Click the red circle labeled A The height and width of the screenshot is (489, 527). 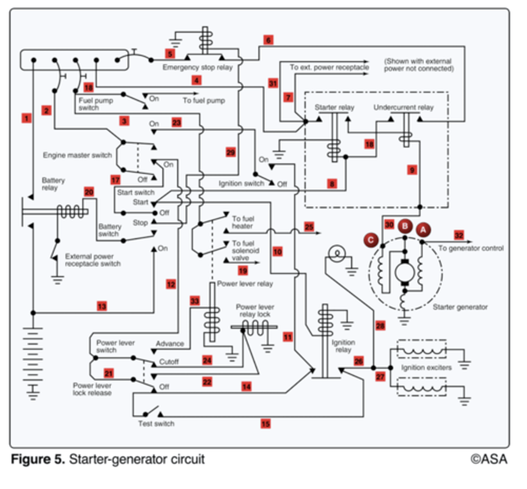[x=423, y=230]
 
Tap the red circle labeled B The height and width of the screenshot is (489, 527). [x=405, y=226]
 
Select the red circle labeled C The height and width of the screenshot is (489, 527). [x=371, y=240]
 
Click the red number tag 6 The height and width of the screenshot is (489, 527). [x=268, y=40]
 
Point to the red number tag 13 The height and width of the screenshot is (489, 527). [x=102, y=306]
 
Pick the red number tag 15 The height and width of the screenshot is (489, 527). [x=265, y=424]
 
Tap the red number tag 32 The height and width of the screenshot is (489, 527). [x=459, y=235]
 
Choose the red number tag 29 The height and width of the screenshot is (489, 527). [x=231, y=152]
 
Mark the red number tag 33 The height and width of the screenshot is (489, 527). [x=195, y=301]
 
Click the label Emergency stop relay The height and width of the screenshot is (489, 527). [x=197, y=67]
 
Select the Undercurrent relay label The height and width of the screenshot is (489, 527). [x=403, y=108]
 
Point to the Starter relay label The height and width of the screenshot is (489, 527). [x=334, y=108]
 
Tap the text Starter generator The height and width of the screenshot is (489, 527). [x=460, y=307]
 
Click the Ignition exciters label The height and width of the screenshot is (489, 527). [x=426, y=368]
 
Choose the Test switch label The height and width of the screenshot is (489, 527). [x=156, y=424]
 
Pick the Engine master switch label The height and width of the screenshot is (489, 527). [x=77, y=155]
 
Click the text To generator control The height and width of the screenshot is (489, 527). [x=471, y=248]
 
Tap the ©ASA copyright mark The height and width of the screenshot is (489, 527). [x=489, y=459]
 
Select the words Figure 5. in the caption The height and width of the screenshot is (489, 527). [x=37, y=459]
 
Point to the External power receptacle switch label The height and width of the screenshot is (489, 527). [x=93, y=260]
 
